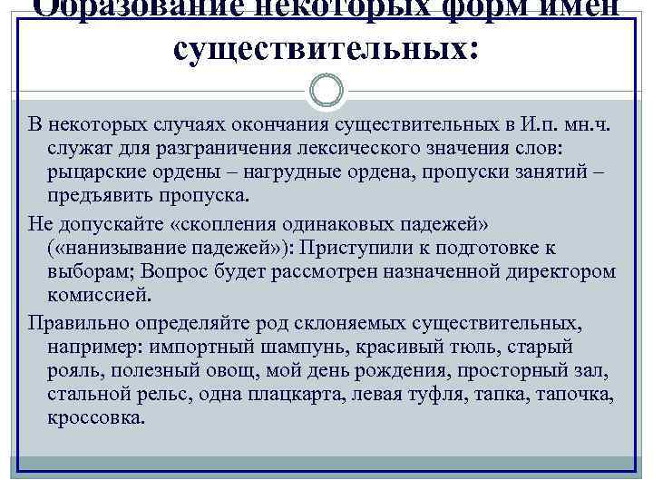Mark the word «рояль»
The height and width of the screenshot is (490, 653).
tap(72, 370)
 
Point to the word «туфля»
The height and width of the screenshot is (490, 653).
tap(494, 395)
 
